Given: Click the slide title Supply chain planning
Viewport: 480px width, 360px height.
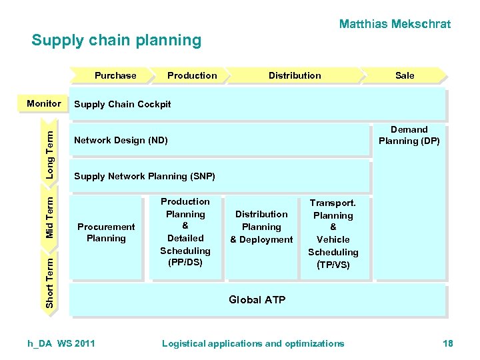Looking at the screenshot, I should pyautogui.click(x=116, y=40).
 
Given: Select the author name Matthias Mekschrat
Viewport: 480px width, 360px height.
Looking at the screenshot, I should pyautogui.click(x=395, y=24).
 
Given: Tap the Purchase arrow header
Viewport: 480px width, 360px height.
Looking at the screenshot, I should pyautogui.click(x=115, y=75).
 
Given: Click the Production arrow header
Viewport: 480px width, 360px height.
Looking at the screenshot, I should pyautogui.click(x=192, y=75).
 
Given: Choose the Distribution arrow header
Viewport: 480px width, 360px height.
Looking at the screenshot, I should pyautogui.click(x=295, y=75).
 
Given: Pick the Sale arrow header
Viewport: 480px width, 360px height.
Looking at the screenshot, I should pyautogui.click(x=404, y=75).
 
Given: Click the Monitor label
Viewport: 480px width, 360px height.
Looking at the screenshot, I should pyautogui.click(x=44, y=103).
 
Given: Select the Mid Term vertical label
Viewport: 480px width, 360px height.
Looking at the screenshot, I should pyautogui.click(x=50, y=214).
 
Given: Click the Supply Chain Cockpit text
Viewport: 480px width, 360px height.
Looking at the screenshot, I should pyautogui.click(x=123, y=104).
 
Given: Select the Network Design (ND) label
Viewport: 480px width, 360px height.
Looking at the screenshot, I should pyautogui.click(x=121, y=140).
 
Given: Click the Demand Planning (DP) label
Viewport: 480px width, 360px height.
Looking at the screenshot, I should pyautogui.click(x=409, y=135).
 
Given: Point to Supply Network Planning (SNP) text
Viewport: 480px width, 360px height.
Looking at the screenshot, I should pyautogui.click(x=145, y=176).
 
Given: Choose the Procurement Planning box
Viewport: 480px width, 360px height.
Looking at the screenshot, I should pyautogui.click(x=106, y=232).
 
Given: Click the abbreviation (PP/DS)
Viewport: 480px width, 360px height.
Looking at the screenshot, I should pyautogui.click(x=185, y=263).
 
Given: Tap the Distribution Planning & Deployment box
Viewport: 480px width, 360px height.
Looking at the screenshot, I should pyautogui.click(x=261, y=227).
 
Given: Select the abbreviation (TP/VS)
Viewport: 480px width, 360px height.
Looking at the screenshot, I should pyautogui.click(x=333, y=265).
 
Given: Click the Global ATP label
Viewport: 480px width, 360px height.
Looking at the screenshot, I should pyautogui.click(x=257, y=299).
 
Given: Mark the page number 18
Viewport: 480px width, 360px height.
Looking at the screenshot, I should pyautogui.click(x=447, y=343).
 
